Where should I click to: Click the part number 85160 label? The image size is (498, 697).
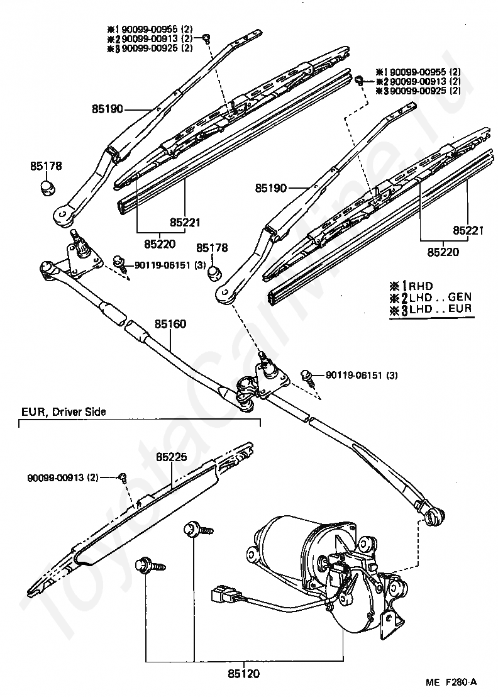[170, 323]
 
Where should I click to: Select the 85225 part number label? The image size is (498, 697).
[172, 457]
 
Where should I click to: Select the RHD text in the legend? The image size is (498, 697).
[421, 286]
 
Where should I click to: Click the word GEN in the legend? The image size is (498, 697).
[460, 297]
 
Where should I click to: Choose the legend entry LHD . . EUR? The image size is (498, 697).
[440, 308]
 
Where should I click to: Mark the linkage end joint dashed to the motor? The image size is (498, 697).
[434, 516]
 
